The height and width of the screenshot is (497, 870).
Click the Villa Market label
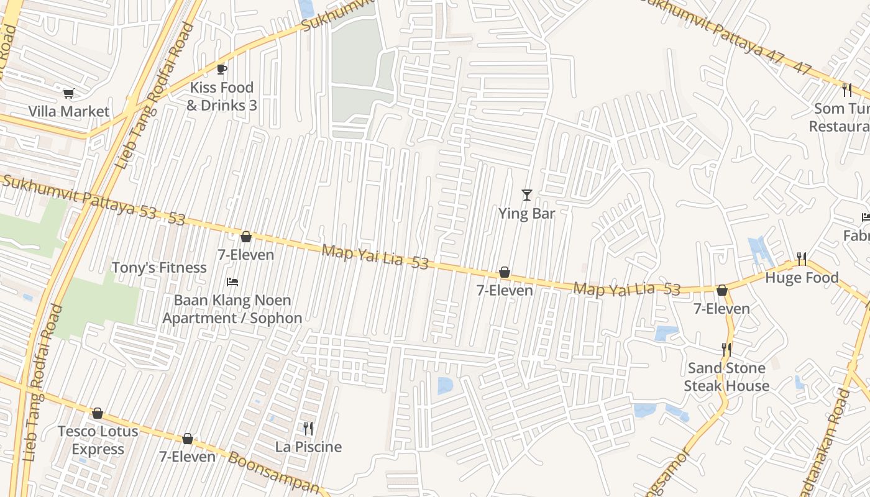point(68,112)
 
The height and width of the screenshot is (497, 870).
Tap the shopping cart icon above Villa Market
point(68,94)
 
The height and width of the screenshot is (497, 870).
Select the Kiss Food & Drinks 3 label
point(222,96)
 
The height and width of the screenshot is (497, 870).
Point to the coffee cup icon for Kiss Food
point(222,69)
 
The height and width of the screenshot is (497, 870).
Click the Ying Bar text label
point(526,213)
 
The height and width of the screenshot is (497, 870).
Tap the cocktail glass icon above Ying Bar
point(526,195)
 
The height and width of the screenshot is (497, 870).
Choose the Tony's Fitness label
point(159,268)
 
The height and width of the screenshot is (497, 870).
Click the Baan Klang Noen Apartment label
point(232,309)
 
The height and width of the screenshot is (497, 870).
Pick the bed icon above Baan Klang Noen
point(232,282)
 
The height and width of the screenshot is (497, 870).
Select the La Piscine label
point(308,447)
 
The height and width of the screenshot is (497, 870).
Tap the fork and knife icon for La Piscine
point(308,428)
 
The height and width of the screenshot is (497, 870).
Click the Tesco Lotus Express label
point(98,440)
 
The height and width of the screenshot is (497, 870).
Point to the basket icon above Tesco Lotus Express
point(98,413)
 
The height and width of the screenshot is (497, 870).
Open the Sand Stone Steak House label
point(726,376)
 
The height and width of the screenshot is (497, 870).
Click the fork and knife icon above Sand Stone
point(726,350)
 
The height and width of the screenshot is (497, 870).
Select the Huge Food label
point(802,278)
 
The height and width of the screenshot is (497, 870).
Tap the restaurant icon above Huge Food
point(802,258)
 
